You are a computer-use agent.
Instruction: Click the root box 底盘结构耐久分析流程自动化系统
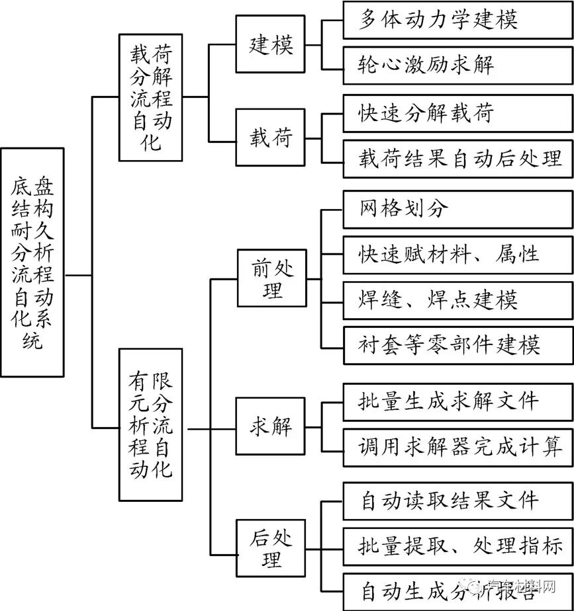[33, 262]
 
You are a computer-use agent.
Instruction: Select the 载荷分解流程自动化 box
[151, 97]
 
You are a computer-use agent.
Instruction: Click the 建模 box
[271, 46]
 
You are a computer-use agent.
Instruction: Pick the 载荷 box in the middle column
[271, 139]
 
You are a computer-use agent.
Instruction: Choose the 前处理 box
[271, 279]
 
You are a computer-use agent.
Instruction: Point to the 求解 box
[271, 426]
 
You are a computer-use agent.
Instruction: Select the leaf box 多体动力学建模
[457, 19]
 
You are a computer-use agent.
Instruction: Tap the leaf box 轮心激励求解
[457, 65]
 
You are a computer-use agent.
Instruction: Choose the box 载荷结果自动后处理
[457, 158]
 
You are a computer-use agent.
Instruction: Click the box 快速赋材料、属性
[457, 254]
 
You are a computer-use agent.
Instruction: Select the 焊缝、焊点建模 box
[457, 300]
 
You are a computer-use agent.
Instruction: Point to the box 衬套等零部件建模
[457, 345]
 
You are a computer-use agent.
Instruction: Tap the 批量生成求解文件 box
[457, 401]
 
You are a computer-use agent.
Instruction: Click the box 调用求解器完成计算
[457, 446]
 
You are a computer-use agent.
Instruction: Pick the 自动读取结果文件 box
[457, 501]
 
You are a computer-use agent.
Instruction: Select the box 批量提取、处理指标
[457, 546]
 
